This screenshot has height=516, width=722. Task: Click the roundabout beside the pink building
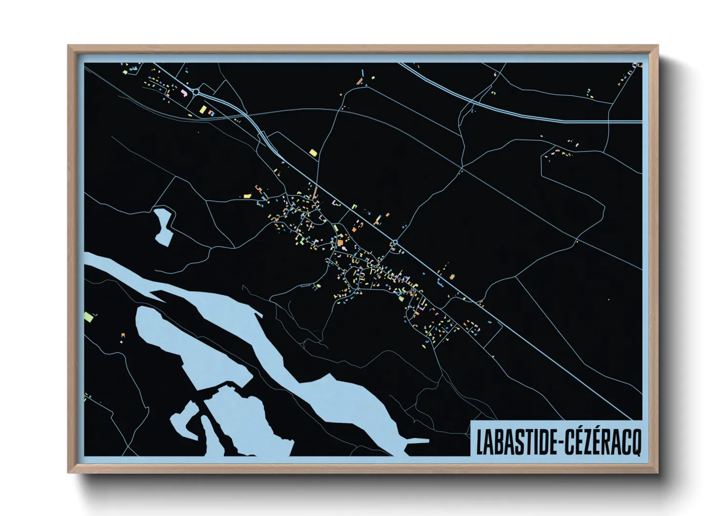pyautogui.click(x=196, y=91)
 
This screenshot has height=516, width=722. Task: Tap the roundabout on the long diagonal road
pyautogui.click(x=395, y=242)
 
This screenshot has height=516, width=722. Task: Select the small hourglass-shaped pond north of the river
pyautogui.click(x=164, y=225)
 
